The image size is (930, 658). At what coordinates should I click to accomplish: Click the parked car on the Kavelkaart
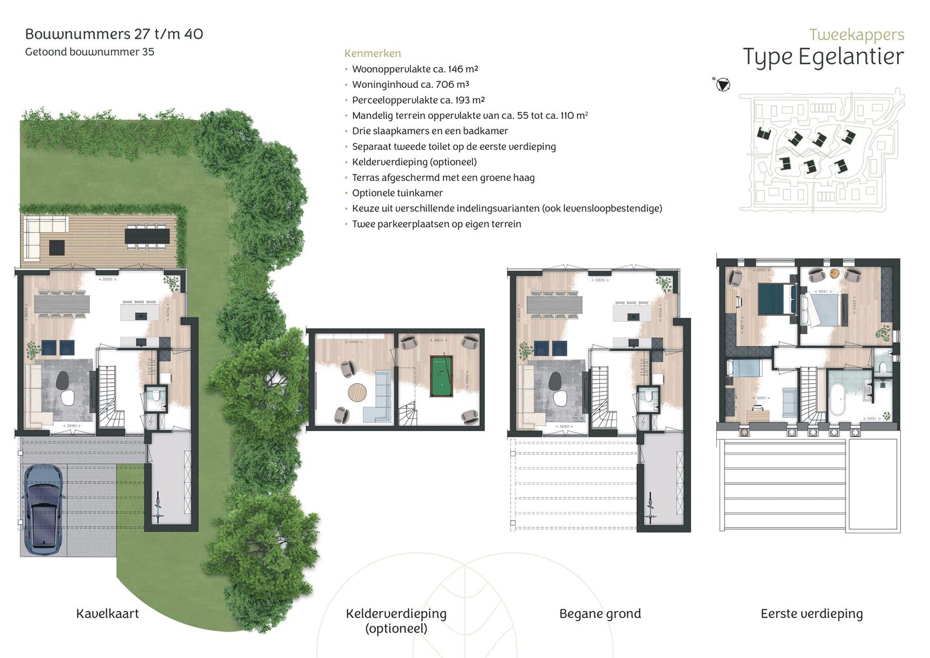click(43, 511)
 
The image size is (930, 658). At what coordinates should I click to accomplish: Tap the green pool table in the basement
click(441, 376)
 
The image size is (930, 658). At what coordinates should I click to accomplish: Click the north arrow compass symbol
click(723, 85)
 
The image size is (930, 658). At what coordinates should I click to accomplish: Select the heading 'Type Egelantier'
click(823, 57)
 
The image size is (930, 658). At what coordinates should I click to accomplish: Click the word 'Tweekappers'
click(856, 35)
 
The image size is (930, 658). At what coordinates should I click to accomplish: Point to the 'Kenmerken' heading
click(372, 54)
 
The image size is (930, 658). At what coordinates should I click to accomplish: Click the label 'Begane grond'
click(600, 613)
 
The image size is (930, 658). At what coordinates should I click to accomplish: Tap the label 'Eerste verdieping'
click(811, 613)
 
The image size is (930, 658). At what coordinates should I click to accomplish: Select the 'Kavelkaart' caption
click(107, 613)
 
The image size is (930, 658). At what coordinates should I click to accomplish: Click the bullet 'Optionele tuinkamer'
click(397, 193)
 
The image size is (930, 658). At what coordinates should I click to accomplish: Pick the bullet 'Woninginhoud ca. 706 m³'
click(410, 84)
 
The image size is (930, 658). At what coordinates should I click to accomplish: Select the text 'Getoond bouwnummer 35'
click(90, 52)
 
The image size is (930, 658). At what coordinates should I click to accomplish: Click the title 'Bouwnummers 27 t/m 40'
click(114, 34)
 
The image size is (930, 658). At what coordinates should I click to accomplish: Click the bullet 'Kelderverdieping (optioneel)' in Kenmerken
click(414, 162)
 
